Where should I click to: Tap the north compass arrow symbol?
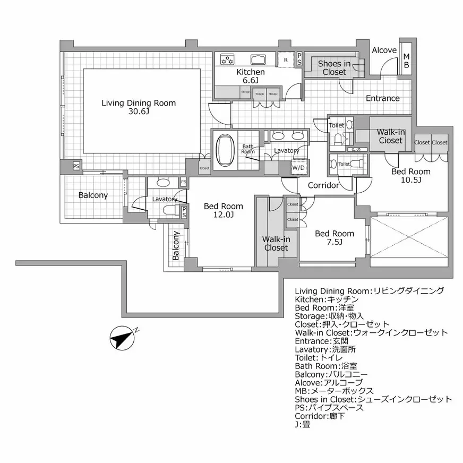coord(123,337)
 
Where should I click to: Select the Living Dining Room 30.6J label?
coord(138,107)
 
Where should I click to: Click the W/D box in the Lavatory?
coord(298,168)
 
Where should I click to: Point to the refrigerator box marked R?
coord(286,59)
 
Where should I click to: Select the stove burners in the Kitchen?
coord(227,58)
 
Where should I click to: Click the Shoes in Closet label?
coord(334,68)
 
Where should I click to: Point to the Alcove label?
coord(383,50)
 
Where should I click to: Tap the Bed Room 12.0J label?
coord(224,210)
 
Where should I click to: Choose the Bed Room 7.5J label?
coord(335,238)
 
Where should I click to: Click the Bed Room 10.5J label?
coord(410,176)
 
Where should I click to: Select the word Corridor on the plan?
coord(323,186)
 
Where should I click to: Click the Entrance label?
coord(382,98)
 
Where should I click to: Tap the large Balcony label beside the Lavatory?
coord(93,195)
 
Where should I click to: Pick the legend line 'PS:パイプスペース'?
coord(329,408)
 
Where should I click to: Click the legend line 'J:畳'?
coord(303,425)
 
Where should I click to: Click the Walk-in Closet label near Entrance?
coord(390,136)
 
